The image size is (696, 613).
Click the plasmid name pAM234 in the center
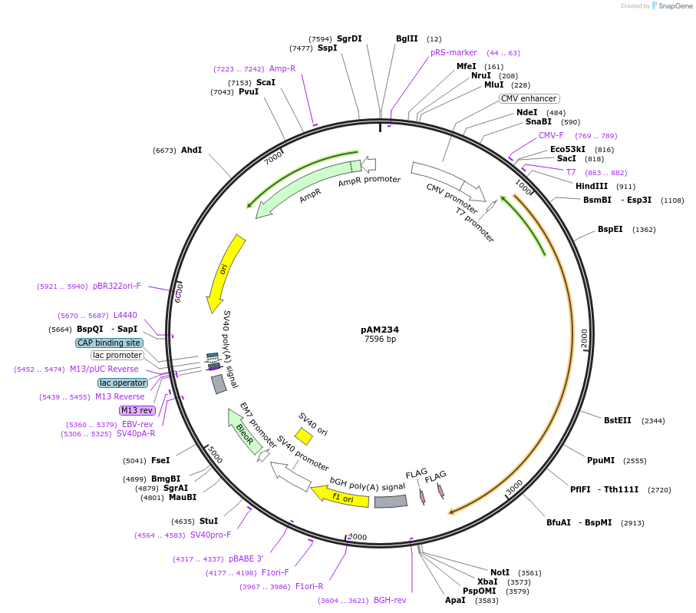(x=380, y=330)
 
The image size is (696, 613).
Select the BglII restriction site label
(x=407, y=38)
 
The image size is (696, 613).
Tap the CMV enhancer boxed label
(x=529, y=98)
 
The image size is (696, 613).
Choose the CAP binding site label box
(x=109, y=343)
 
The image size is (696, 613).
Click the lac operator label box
(x=123, y=383)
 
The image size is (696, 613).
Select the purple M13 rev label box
(x=137, y=410)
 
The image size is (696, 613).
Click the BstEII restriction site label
(x=617, y=420)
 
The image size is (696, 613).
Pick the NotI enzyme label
(x=500, y=572)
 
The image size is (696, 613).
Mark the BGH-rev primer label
(x=390, y=601)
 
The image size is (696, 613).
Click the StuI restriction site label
(x=209, y=521)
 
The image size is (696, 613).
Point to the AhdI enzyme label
(x=191, y=150)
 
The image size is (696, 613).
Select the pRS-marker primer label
(x=454, y=52)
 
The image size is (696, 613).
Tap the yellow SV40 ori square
(x=304, y=436)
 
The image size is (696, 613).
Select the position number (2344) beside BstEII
(x=653, y=421)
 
